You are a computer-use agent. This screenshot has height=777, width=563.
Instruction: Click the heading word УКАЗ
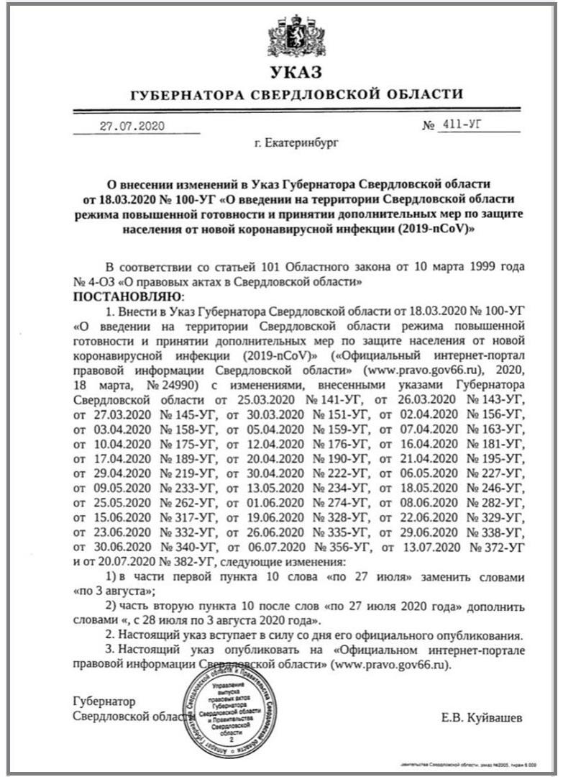tap(296, 72)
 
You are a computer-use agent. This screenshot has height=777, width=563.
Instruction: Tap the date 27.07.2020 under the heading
tap(132, 126)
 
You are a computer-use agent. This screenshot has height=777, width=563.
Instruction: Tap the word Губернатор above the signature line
tap(104, 701)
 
